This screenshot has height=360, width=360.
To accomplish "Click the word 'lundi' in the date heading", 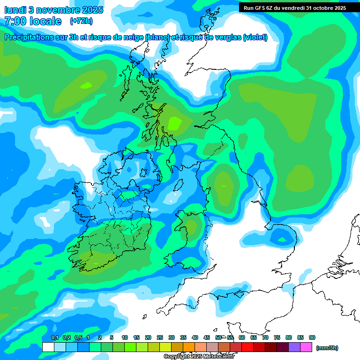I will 16,10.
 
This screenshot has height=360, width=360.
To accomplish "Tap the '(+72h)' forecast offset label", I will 81,21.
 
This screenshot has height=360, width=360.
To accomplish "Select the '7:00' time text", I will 15,21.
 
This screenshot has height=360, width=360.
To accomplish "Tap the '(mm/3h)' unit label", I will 327,348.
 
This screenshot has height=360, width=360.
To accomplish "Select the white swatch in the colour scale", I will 48,347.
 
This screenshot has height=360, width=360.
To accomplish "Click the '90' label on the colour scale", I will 312,338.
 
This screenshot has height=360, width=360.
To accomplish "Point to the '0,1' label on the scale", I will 54,338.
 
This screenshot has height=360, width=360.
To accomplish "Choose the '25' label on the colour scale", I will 160,338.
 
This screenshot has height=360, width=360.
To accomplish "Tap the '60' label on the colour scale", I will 242,338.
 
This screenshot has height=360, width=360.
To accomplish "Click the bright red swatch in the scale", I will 247,347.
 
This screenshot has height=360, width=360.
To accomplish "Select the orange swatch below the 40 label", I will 189,347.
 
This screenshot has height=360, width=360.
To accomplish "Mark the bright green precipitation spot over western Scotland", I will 174,123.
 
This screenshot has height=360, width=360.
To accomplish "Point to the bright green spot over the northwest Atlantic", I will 86,86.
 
